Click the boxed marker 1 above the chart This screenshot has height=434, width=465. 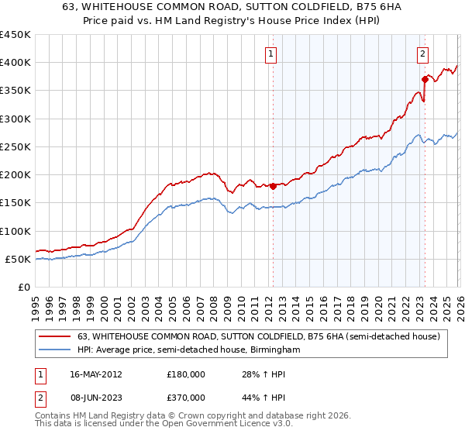271,53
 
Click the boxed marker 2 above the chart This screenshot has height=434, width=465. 422,53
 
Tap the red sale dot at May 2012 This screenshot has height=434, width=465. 273,186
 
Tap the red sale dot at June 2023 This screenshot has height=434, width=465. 425,79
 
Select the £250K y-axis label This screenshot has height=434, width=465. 15,146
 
